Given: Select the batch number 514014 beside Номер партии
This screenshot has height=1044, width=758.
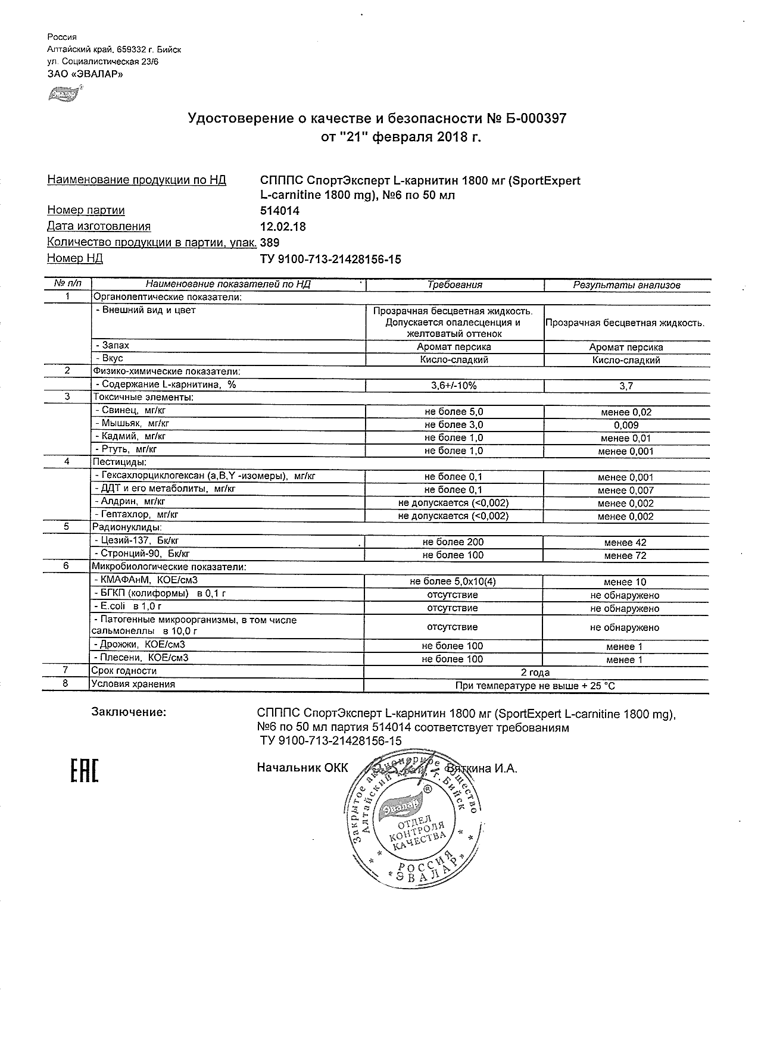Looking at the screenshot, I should point(280,211).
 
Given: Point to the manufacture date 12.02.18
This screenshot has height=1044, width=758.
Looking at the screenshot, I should point(283,226).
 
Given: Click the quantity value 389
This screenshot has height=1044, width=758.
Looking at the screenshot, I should point(270,242).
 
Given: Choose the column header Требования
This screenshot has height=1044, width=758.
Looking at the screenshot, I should point(455,285).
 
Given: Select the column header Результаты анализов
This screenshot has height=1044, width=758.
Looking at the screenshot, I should point(626,285).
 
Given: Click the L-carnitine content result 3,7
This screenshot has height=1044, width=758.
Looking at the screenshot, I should point(626,386).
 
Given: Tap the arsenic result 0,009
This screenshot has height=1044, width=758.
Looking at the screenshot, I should point(626,425).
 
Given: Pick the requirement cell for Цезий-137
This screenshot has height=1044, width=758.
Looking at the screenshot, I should point(453,542).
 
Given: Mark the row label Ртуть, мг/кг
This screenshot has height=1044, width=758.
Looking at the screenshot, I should point(125,450).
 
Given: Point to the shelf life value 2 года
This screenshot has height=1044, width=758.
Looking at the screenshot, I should point(535,673).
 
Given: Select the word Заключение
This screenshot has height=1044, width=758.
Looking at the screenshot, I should point(129,712).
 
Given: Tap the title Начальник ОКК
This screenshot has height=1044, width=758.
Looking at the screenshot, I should point(302,768).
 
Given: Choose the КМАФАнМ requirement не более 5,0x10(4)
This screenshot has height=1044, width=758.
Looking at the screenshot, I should point(453,581).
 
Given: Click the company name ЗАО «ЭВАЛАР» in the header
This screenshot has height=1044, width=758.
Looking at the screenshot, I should point(85,74).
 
